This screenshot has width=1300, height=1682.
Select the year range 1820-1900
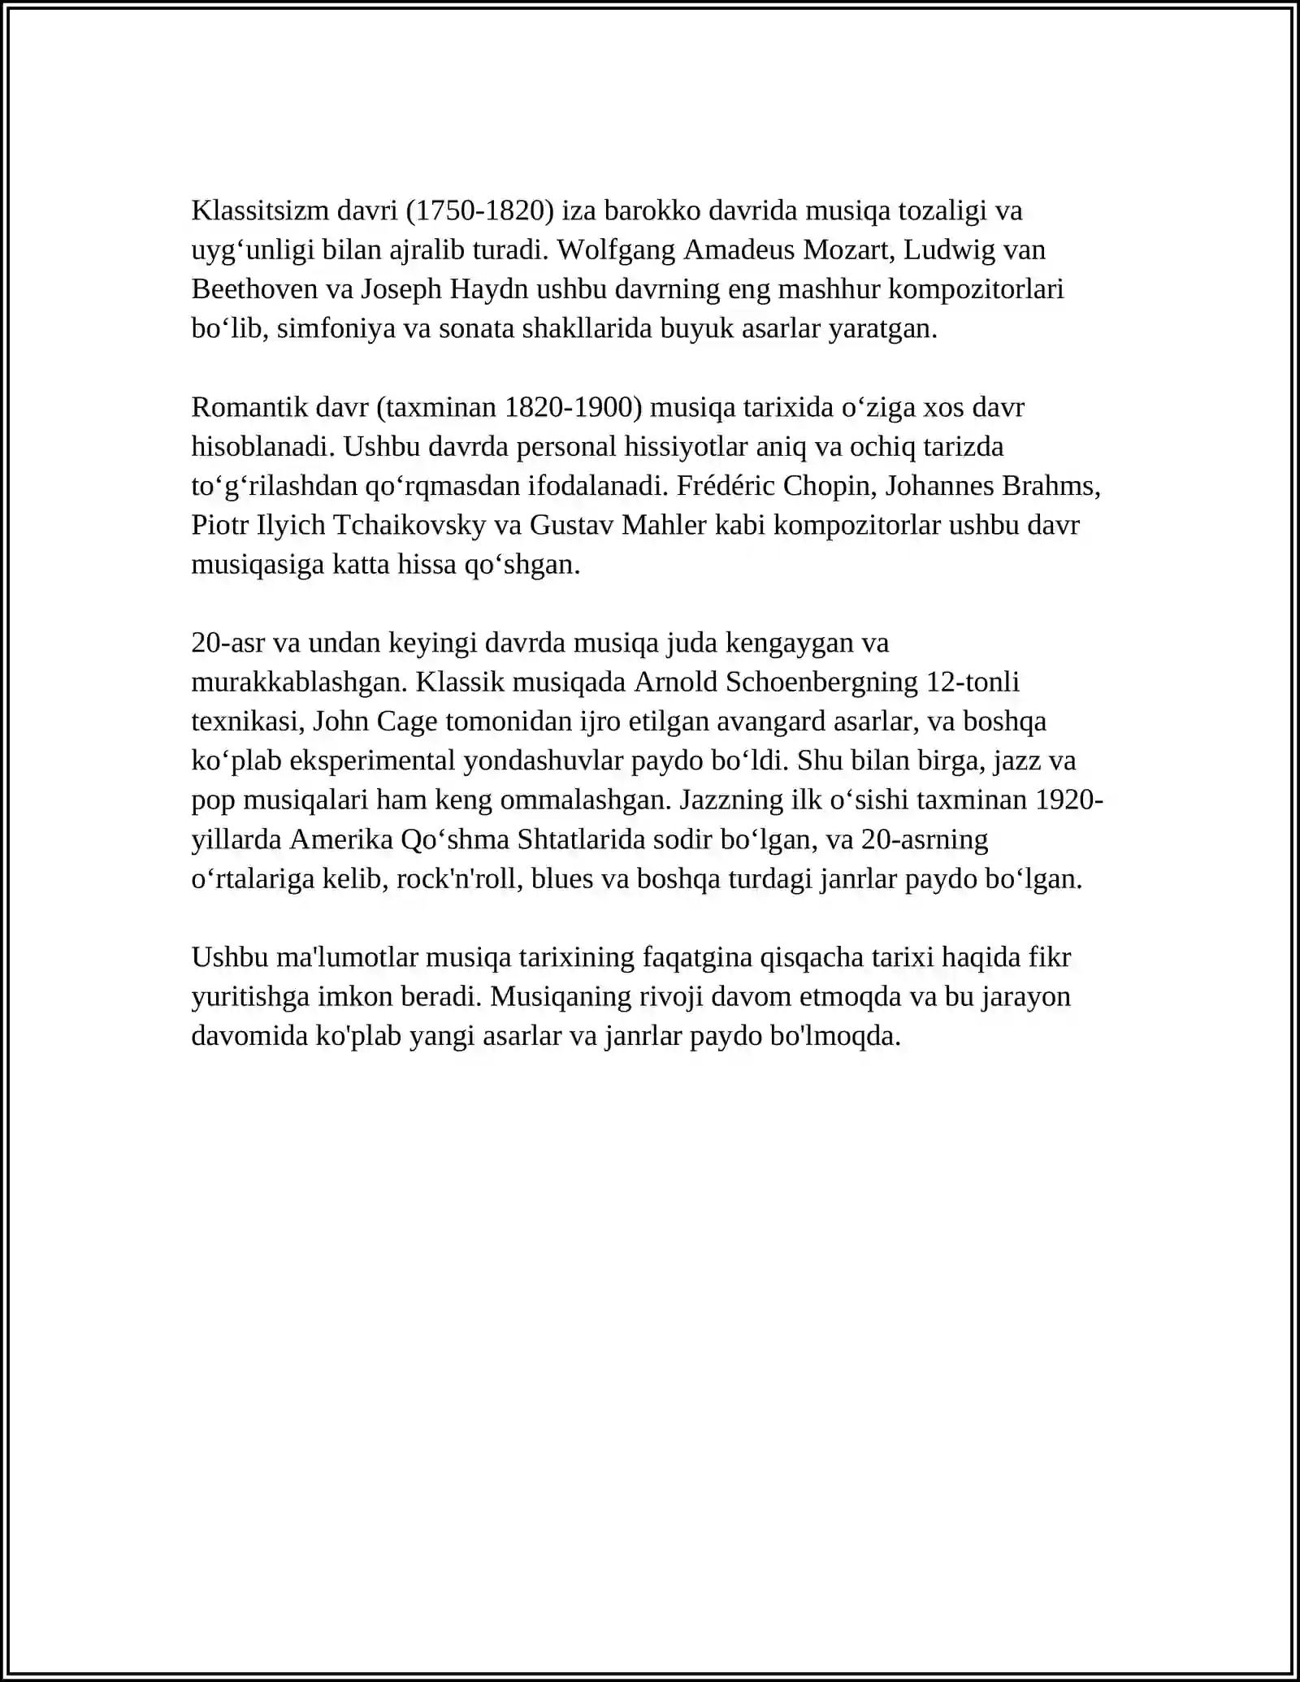pos(568,407)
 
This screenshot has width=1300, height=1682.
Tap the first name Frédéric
pos(725,486)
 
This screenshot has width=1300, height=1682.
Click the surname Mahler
pos(664,525)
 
